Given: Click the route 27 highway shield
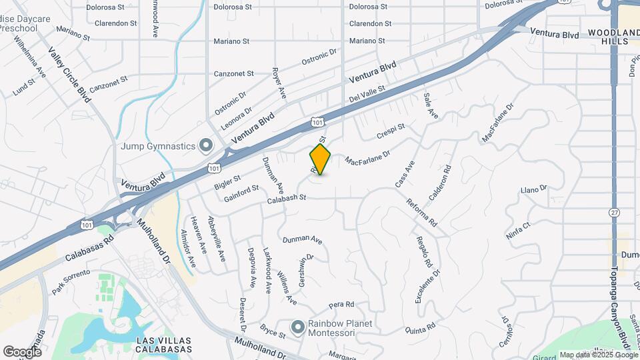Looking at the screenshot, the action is click(x=613, y=212).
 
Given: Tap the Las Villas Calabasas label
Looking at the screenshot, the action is click(x=164, y=344).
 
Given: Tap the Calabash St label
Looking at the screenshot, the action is click(x=286, y=198).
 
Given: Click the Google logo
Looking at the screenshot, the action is click(x=22, y=351).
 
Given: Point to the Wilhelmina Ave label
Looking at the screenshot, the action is click(x=31, y=55).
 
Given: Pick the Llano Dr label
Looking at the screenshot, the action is click(x=533, y=189).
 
